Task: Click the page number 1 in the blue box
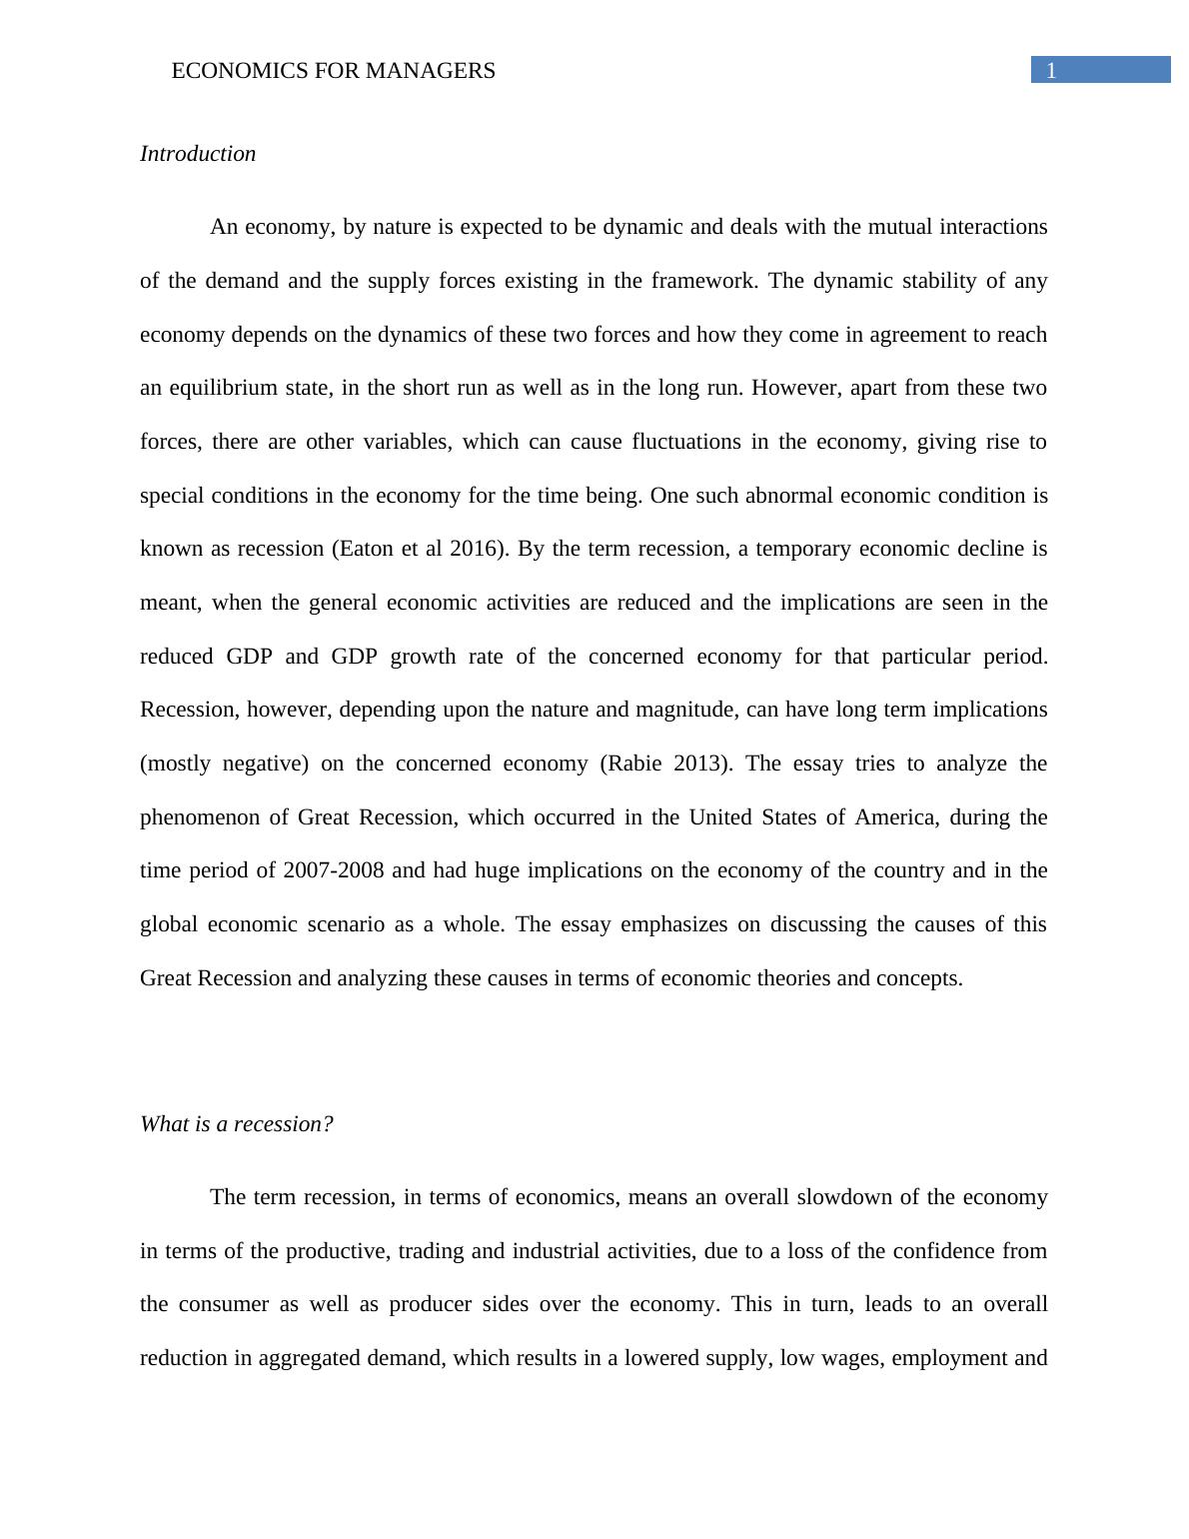point(1051,70)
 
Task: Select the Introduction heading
point(198,154)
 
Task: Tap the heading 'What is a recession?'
point(237,1124)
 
